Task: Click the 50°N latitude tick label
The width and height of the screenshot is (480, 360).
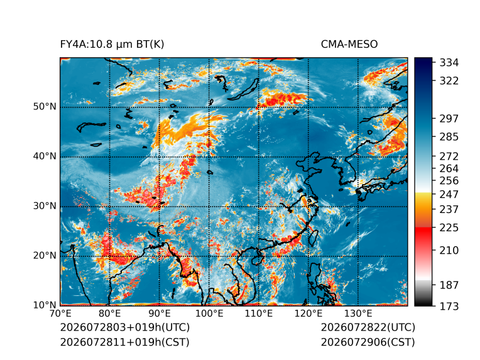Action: click(45, 107)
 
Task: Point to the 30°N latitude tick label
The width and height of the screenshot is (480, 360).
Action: click(45, 206)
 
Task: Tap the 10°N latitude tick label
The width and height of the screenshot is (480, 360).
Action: click(45, 305)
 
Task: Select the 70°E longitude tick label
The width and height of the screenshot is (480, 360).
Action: click(60, 314)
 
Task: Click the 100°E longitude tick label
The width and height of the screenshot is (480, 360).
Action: click(209, 314)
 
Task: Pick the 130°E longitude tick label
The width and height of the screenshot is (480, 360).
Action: click(358, 314)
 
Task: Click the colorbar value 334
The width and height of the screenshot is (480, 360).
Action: click(449, 63)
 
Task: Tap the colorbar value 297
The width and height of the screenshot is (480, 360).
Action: click(449, 119)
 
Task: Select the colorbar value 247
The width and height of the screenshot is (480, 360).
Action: click(449, 194)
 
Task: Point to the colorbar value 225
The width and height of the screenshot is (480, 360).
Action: click(449, 228)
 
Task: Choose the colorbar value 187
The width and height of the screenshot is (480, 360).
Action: click(449, 285)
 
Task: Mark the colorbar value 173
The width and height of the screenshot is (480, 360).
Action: click(449, 307)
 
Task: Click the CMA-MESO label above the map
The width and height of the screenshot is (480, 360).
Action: click(349, 45)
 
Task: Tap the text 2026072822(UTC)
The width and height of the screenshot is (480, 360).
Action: click(368, 327)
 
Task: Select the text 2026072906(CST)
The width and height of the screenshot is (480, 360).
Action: click(368, 342)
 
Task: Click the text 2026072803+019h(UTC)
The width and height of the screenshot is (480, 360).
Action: click(125, 327)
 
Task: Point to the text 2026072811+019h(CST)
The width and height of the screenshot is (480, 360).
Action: click(125, 342)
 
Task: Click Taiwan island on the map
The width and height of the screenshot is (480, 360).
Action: click(314, 238)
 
